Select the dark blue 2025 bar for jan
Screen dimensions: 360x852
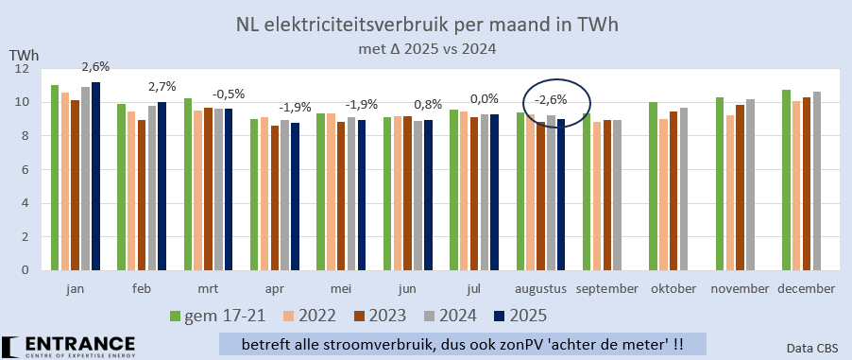[x=95, y=177]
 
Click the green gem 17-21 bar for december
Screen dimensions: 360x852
[x=786, y=180]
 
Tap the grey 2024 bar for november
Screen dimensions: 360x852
[x=751, y=184]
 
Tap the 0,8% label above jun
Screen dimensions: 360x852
[x=428, y=103]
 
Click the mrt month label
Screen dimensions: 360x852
[x=209, y=287]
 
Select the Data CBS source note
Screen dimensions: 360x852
[x=812, y=348]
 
